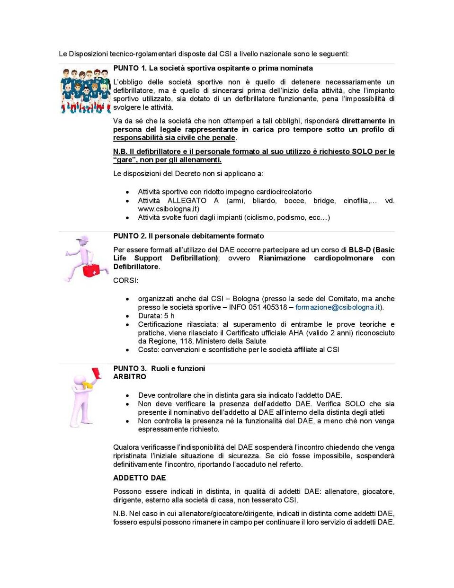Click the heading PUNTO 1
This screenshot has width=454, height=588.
129,68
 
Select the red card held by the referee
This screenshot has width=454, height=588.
97,374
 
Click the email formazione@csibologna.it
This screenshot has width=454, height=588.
338,307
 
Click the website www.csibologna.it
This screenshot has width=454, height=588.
169,209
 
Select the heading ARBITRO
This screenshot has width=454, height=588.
130,377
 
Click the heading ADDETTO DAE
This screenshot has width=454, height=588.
139,478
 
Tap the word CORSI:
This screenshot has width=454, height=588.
125,280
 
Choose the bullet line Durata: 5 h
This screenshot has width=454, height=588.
156,316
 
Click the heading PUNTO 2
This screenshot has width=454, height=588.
130,236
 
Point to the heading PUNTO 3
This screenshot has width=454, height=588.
130,368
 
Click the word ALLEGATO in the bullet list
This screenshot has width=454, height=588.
187,201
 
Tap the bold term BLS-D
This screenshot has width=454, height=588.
360,249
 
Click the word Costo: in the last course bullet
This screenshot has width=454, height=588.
149,350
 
